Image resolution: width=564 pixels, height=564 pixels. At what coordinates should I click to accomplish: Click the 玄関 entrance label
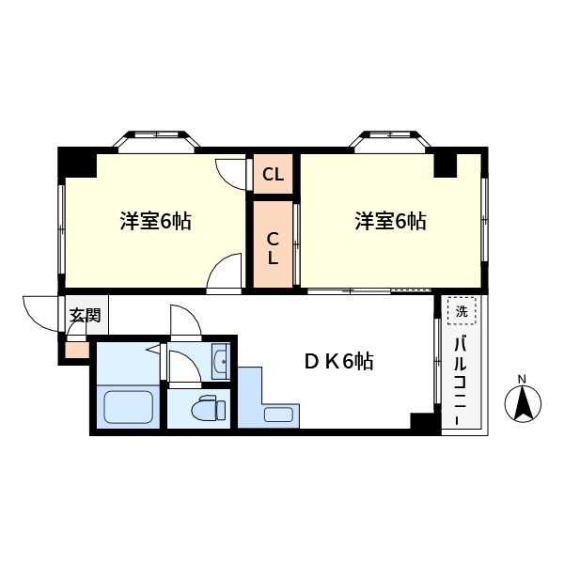[x=85, y=315]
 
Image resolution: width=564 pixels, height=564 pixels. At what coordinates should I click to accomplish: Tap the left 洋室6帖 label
[x=156, y=222]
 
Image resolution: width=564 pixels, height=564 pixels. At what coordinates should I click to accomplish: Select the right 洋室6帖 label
[x=391, y=222]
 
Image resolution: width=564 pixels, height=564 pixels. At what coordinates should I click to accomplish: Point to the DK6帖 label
[x=337, y=361]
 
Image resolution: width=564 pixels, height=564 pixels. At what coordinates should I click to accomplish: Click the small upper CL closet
[x=274, y=174]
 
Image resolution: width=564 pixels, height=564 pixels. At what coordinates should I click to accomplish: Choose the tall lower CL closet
[x=273, y=244]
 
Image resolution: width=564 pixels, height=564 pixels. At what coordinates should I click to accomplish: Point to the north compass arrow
[x=524, y=405]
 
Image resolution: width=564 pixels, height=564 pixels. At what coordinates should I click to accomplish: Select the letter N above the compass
[x=524, y=381]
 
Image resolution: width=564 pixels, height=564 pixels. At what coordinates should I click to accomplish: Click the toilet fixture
[x=205, y=409]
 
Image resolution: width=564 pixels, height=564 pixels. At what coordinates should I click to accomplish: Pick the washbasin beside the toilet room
[x=219, y=361]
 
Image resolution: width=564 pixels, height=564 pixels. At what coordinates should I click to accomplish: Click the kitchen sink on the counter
[x=279, y=414]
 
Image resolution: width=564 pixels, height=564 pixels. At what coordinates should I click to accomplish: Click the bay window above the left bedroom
[x=157, y=139]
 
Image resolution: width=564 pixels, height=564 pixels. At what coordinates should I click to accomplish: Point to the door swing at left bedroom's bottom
[x=226, y=274]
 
